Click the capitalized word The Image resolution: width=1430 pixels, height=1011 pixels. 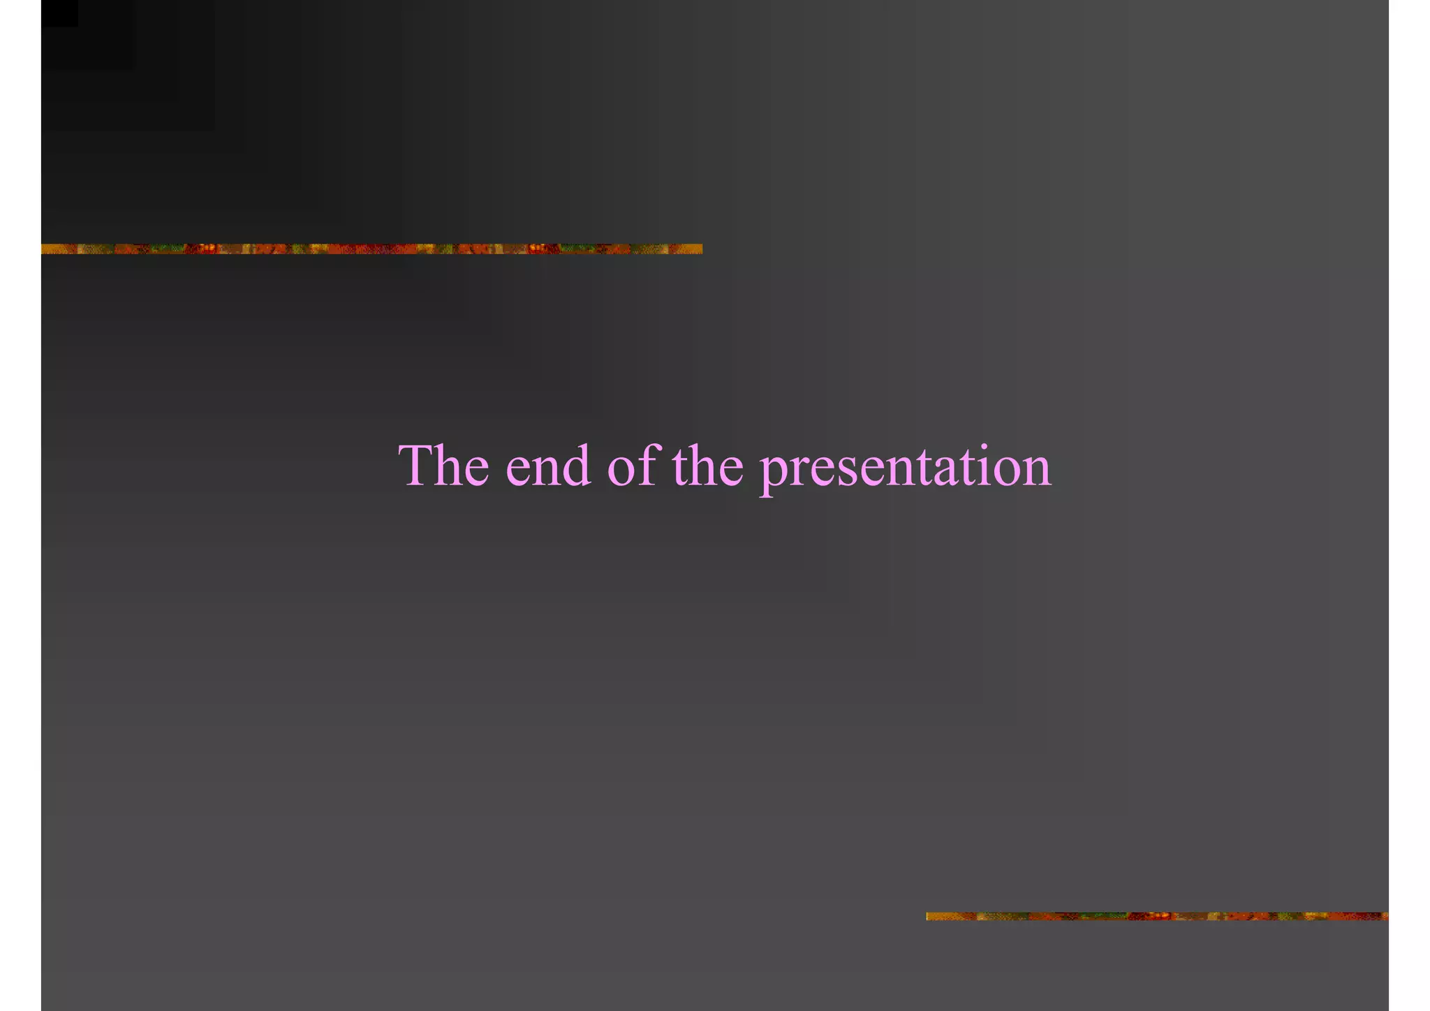tap(443, 466)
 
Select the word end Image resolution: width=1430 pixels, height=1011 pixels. tap(548, 466)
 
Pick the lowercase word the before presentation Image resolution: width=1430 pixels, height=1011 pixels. tap(708, 466)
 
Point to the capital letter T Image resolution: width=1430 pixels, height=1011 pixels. tap(418, 465)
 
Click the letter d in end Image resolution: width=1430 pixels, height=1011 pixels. tap(576, 466)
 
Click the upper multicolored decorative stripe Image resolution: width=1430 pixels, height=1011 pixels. tap(371, 249)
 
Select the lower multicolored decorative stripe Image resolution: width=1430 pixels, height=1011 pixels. tap(1157, 916)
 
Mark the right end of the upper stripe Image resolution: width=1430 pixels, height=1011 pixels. tap(699, 249)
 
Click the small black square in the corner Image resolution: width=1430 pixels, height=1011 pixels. tap(59, 13)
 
